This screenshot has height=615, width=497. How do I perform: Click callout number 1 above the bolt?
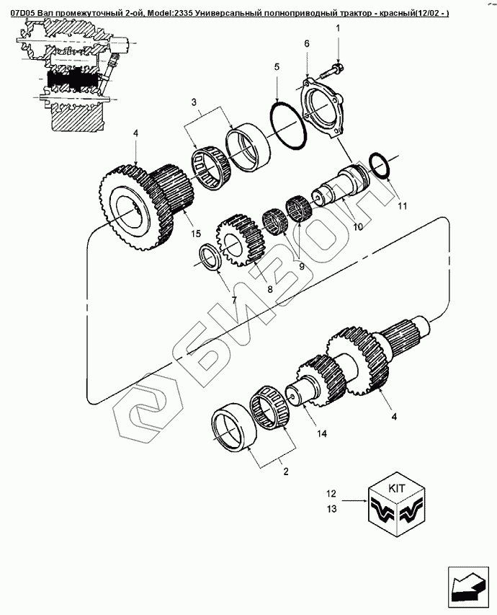click(337, 28)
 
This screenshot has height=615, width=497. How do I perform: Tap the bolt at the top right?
click(332, 70)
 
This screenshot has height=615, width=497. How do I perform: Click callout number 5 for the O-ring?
click(277, 67)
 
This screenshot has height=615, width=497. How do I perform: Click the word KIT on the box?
click(397, 488)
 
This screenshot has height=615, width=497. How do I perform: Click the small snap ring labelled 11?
click(379, 164)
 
